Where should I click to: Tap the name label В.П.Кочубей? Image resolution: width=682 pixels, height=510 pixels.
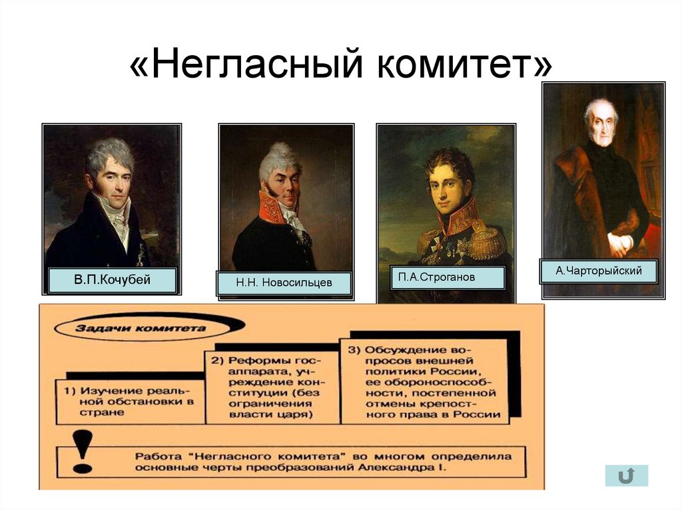pyautogui.click(x=112, y=280)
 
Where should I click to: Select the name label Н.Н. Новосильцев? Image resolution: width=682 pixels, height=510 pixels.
pyautogui.click(x=284, y=283)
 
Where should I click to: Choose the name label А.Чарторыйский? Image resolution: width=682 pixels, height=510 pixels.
pyautogui.click(x=599, y=271)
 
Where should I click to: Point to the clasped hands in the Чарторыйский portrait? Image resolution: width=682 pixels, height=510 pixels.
pyautogui.click(x=619, y=243)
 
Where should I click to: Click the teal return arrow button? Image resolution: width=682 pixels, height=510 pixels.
pyautogui.click(x=626, y=475)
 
